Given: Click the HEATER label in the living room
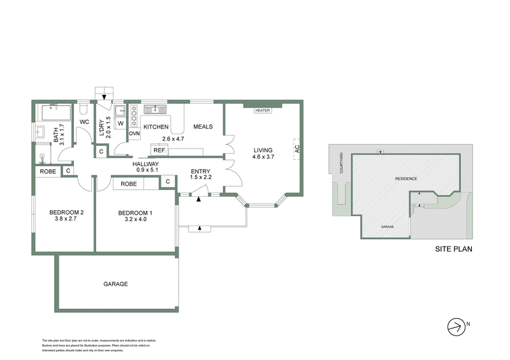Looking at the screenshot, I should [x=263, y=110].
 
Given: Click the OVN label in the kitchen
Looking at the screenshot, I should [x=134, y=134].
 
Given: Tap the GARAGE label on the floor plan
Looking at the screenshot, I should [x=116, y=284].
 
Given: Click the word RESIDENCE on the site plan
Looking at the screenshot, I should [x=406, y=179].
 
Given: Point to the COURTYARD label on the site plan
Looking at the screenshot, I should [x=342, y=162].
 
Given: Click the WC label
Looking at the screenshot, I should [x=84, y=122].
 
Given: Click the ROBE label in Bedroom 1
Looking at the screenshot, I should [x=127, y=184].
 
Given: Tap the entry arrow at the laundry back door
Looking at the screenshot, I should [x=104, y=97].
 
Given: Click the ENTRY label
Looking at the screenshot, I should [x=200, y=170].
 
